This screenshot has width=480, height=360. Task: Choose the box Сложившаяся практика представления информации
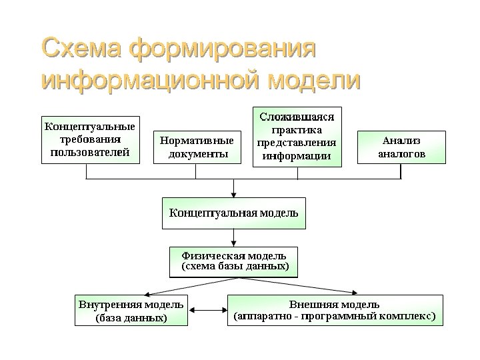coord(297,137)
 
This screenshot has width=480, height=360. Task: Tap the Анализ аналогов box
coord(401,147)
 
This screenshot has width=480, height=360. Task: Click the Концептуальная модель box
coord(233,213)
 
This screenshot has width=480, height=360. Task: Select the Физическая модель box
coord(233,261)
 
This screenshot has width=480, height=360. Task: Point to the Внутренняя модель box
coord(131,311)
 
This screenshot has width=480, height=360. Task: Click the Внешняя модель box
coord(335,310)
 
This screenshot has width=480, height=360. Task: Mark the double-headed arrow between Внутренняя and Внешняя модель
coord(207,311)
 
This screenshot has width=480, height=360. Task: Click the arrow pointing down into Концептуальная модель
coord(233,189)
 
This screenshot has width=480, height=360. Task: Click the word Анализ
coord(401,140)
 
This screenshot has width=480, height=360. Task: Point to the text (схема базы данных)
coord(235,267)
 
